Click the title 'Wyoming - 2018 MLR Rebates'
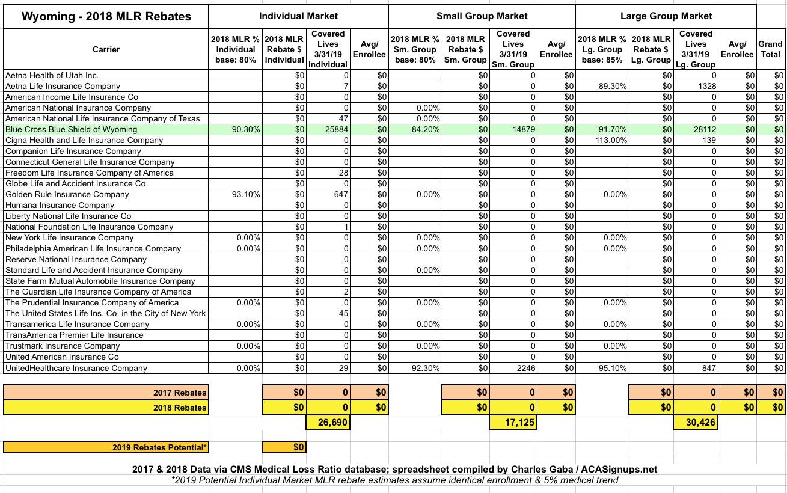[106, 17]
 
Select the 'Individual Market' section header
[298, 16]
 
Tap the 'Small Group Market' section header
[482, 16]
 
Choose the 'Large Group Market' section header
[666, 16]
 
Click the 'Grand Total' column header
[770, 49]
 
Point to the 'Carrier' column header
[106, 49]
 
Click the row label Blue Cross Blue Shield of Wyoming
[71, 129]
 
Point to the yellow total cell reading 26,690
[328, 423]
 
